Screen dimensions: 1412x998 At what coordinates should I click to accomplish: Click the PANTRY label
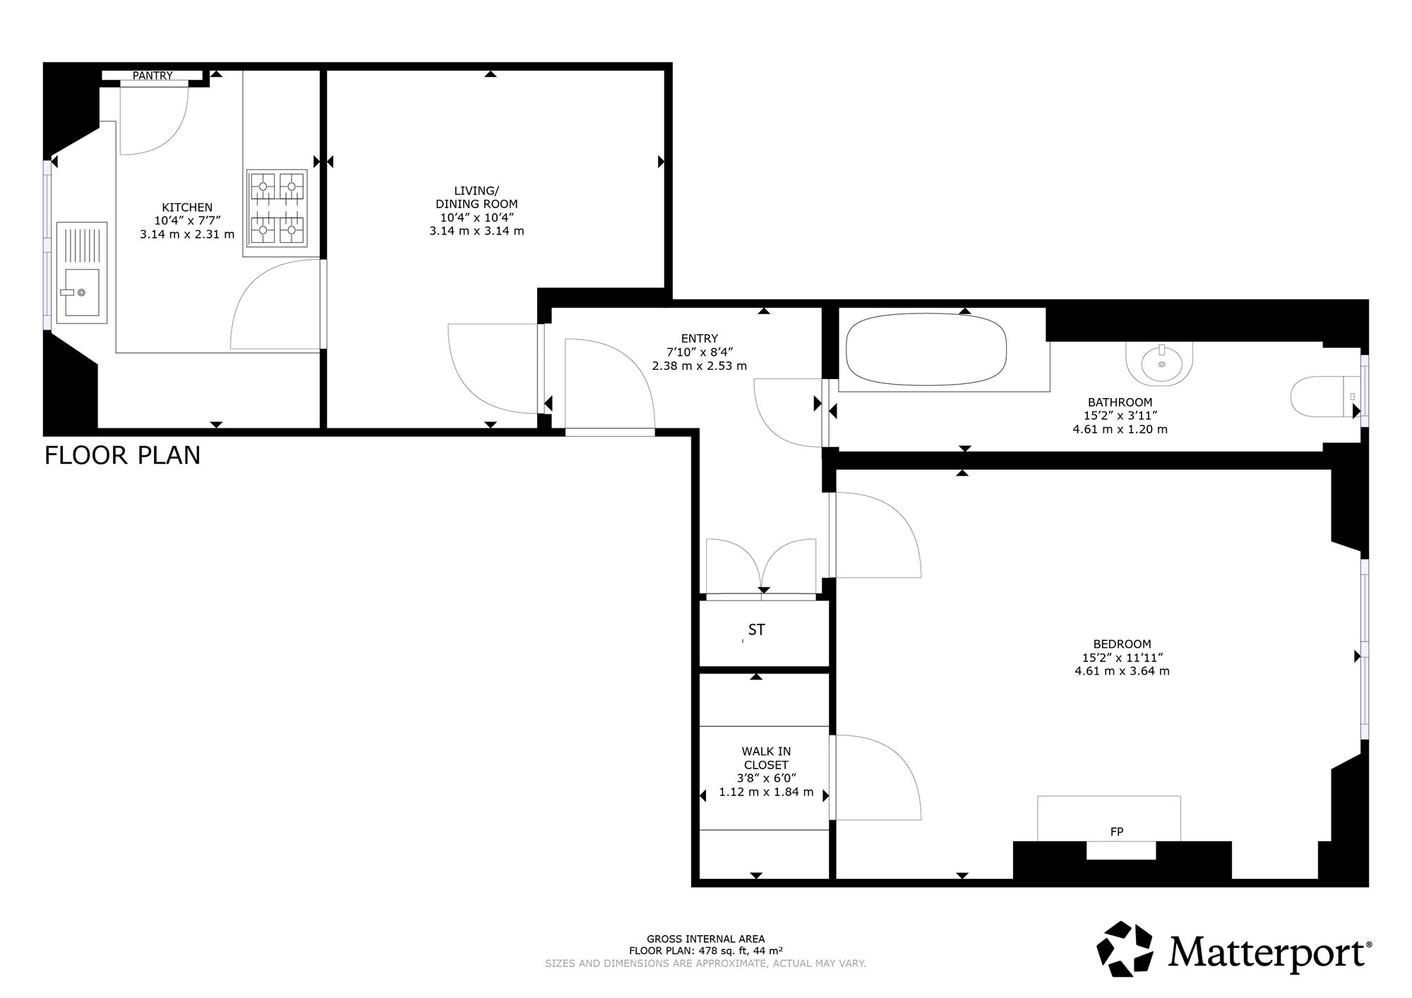[152, 76]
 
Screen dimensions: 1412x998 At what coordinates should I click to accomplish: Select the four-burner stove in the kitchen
[276, 208]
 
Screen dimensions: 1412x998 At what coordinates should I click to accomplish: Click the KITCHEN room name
[187, 207]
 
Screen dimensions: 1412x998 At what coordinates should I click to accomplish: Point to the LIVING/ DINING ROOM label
[477, 197]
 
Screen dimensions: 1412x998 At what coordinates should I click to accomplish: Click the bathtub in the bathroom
[926, 349]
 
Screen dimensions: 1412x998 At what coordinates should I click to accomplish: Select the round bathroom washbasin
[1159, 363]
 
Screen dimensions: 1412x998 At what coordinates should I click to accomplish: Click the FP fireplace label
[1116, 831]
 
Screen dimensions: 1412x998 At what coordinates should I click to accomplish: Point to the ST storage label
[757, 630]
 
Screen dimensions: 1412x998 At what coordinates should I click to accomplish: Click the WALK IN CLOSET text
[766, 758]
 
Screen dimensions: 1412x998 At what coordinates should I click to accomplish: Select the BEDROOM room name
[1122, 644]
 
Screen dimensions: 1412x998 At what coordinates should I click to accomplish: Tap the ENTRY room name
[699, 338]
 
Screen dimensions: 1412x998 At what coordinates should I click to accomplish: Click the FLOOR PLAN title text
[122, 455]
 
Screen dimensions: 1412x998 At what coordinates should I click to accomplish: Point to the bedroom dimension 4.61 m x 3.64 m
[1122, 671]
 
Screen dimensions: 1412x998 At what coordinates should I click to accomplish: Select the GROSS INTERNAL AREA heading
[705, 939]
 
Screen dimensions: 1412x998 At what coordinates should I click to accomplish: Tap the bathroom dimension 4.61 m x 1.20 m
[1120, 429]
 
